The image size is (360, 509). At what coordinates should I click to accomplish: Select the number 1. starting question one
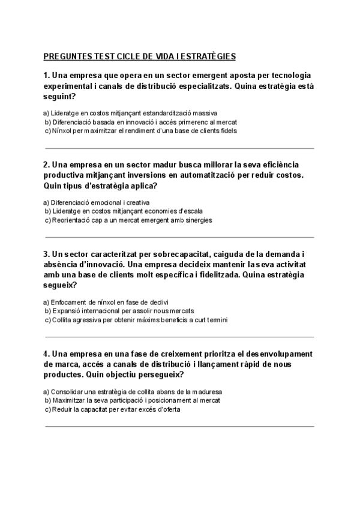(x=47, y=76)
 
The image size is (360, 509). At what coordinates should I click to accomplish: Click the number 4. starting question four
(x=47, y=354)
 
